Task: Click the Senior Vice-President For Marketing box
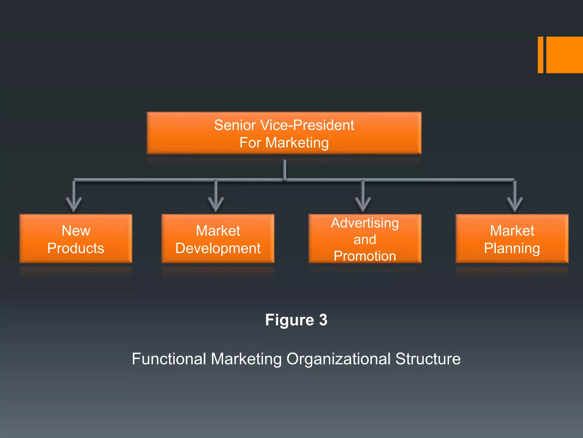(284, 133)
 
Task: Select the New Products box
(76, 239)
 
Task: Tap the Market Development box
(218, 239)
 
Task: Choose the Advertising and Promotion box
(365, 239)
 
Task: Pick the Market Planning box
(512, 239)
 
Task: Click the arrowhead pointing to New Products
(74, 205)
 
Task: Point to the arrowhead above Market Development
(216, 205)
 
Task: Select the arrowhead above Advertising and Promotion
(363, 205)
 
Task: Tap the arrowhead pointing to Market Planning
(514, 205)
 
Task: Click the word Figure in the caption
(289, 320)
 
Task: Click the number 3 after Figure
(323, 320)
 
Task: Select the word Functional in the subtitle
(169, 359)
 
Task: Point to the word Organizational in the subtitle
(338, 359)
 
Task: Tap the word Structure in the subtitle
(428, 359)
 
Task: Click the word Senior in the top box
(235, 125)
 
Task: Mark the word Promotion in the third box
(365, 256)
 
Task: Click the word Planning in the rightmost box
(512, 248)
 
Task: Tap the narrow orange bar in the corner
(540, 55)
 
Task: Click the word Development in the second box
(218, 248)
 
